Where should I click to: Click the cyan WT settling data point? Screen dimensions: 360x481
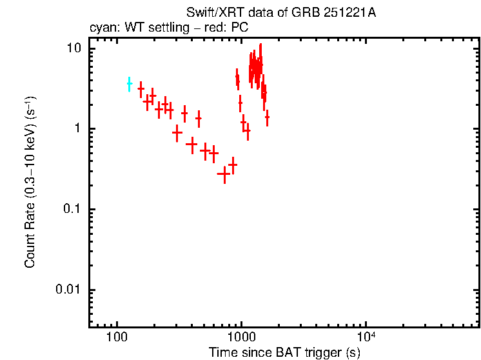click(x=129, y=84)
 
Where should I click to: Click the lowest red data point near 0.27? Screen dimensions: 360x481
click(x=224, y=174)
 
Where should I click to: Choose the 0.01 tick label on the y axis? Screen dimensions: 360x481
click(x=69, y=290)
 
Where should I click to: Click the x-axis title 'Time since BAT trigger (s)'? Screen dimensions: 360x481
click(x=284, y=352)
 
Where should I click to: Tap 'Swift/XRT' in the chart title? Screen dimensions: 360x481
click(x=209, y=13)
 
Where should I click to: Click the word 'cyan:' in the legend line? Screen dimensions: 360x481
click(x=101, y=28)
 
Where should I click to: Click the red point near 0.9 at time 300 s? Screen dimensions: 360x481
click(x=177, y=132)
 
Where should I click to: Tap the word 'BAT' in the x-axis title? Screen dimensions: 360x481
click(x=283, y=352)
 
